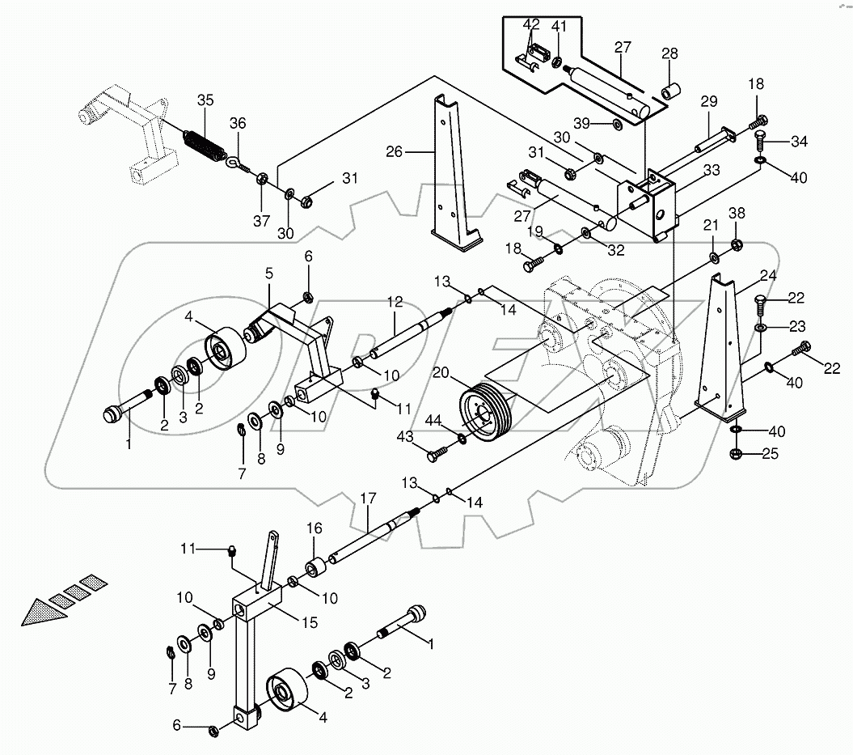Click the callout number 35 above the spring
pos(205,100)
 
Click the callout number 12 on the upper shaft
pos(394,301)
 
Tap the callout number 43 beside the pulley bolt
pos(405,437)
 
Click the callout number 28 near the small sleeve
pos(669,55)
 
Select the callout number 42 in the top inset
pos(530,26)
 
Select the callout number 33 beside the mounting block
pos(711,170)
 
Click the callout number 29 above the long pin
pos(708,101)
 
